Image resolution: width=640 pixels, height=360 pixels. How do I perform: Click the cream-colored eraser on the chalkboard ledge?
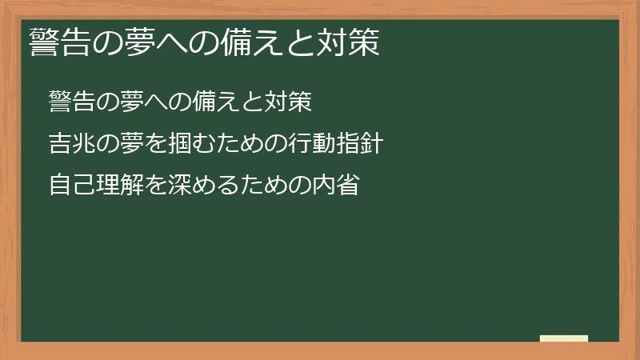pyautogui.click(x=564, y=338)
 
